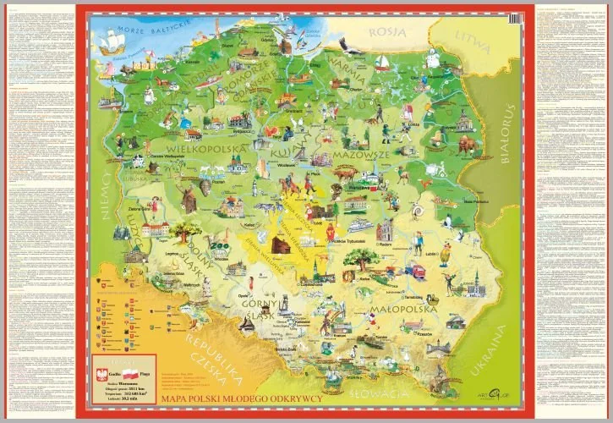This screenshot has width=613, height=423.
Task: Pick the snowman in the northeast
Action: [437, 60]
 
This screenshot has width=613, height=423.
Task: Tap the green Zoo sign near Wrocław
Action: [222, 246]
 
